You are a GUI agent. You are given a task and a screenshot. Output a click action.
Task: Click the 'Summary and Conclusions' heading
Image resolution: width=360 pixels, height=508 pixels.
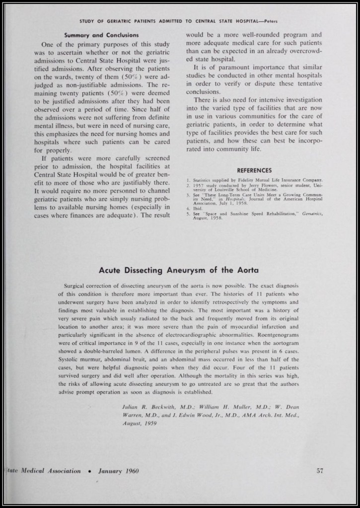tap(102, 35)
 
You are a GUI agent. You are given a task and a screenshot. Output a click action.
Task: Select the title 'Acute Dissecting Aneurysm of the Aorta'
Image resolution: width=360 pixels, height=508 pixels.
tap(179, 270)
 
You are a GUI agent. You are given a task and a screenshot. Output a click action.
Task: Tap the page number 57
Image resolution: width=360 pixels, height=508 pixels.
tap(320, 471)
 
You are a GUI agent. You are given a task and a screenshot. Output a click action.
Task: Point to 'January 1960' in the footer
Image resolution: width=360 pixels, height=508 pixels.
tap(118, 471)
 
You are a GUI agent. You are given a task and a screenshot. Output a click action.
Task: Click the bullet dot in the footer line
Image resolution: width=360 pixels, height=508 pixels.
tap(89, 471)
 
